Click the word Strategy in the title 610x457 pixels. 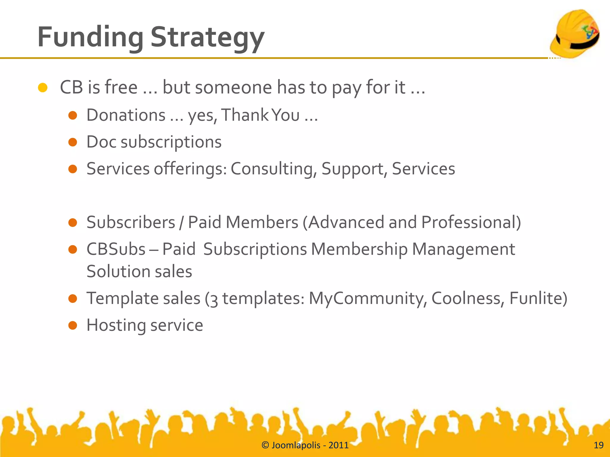(207, 37)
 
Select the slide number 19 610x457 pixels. (598, 445)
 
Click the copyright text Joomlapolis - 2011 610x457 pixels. (305, 445)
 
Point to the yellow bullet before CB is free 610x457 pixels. (43, 88)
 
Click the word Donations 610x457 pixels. (126, 115)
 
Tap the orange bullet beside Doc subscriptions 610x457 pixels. (73, 142)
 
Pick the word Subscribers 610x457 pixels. (131, 222)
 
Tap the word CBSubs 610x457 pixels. (116, 249)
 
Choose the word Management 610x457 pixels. (463, 249)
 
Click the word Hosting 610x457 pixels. (116, 325)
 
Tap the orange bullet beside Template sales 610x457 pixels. (73, 298)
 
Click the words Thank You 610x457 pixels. (260, 115)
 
